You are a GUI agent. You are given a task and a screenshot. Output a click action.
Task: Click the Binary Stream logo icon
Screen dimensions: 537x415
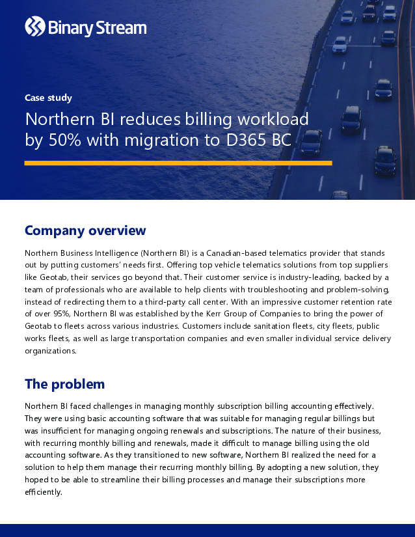34,27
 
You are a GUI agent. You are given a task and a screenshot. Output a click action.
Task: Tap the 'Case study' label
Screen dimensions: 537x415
48,98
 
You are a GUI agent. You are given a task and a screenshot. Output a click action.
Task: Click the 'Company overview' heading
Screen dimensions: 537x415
85,230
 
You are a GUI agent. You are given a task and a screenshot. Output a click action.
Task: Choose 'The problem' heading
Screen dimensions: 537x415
64,384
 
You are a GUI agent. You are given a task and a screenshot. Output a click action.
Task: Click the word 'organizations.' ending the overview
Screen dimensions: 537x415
50,351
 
